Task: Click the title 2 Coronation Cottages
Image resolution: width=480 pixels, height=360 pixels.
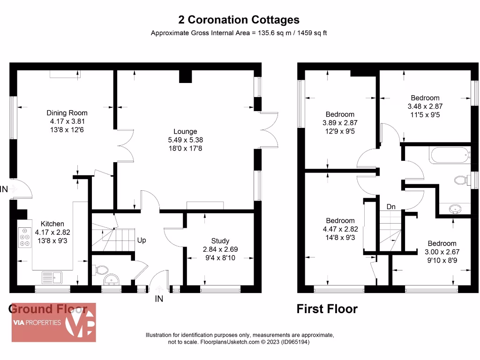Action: (239, 20)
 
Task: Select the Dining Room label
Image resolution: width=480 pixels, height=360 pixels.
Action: (67, 113)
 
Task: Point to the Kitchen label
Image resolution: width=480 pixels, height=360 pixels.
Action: (52, 224)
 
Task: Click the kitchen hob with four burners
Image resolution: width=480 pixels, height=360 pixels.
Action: (24, 238)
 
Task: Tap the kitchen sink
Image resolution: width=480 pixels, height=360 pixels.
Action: (52, 277)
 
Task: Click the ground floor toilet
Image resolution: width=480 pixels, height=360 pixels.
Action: (101, 270)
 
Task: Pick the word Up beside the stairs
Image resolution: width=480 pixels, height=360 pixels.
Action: (142, 240)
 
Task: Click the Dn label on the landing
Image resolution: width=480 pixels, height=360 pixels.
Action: (391, 207)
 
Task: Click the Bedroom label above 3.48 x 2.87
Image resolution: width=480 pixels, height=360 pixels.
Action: (425, 98)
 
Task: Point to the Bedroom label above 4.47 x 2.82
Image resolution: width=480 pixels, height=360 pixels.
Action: (340, 221)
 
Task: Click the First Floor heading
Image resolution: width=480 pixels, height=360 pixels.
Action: (327, 309)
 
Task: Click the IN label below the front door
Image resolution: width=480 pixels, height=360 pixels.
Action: (159, 299)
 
